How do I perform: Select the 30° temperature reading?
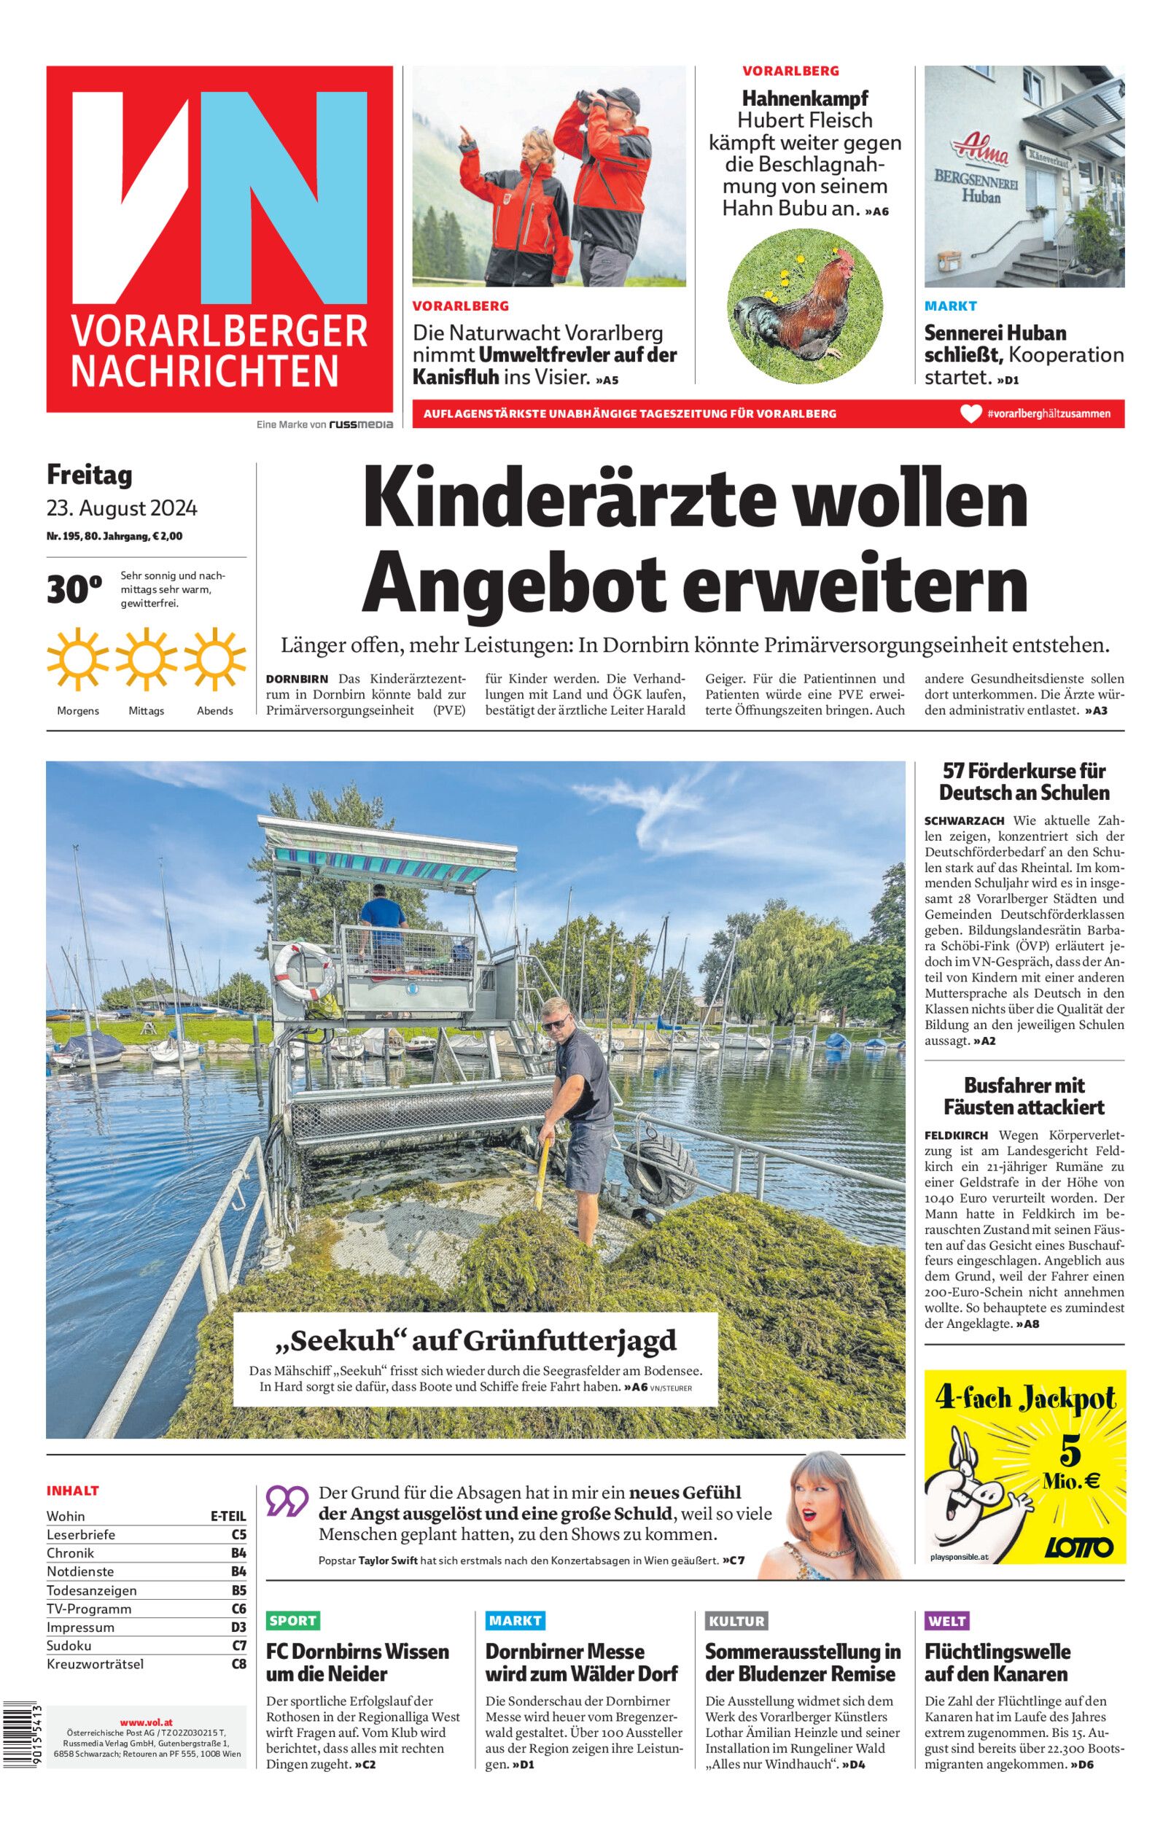74,590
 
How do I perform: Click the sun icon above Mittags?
146,658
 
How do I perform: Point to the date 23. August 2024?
122,507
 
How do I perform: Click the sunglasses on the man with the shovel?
557,1025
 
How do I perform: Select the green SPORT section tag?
293,1620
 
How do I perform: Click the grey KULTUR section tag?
735,1620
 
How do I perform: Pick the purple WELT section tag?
946,1620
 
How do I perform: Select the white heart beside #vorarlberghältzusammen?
970,413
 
